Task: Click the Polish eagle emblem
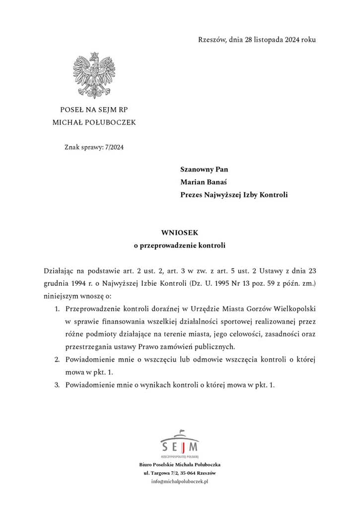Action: tap(94, 75)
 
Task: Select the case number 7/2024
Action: tap(113, 147)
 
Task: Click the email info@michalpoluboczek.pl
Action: tap(180, 482)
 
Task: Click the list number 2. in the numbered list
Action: tap(57, 359)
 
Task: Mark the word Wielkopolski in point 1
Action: tap(294, 309)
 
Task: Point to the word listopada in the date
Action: tap(268, 39)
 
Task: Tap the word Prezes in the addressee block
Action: tap(191, 195)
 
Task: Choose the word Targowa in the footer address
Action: tap(159, 473)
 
